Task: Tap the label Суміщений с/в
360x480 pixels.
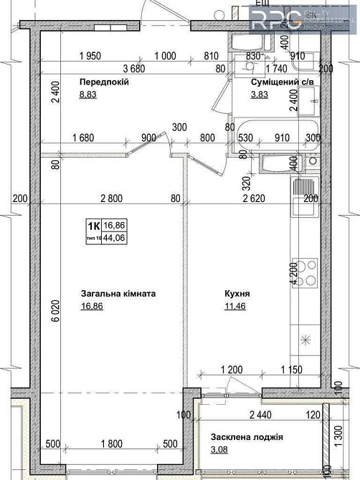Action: point(282,82)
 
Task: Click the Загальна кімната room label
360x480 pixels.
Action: point(118,294)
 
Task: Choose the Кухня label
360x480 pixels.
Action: point(237,294)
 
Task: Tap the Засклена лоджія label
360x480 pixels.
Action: point(247,437)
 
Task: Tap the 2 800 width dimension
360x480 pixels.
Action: point(112,198)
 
